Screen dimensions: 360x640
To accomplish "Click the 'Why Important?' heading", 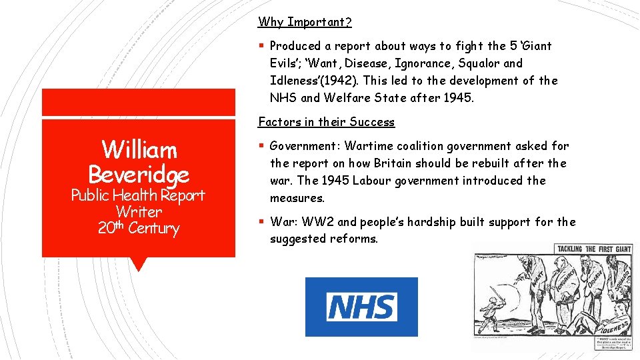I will point(305,22).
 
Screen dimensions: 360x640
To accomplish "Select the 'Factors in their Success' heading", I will point(326,122).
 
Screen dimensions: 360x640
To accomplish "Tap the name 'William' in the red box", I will point(139,149).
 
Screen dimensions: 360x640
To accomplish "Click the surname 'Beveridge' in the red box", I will point(139,175).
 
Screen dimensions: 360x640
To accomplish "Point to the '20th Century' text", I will point(139,229).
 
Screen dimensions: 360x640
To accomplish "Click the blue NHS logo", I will point(361,307).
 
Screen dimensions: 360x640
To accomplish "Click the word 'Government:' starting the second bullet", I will point(305,146).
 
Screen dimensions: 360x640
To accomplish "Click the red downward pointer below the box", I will point(139,264).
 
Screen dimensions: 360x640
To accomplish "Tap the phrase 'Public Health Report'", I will point(139,195).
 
